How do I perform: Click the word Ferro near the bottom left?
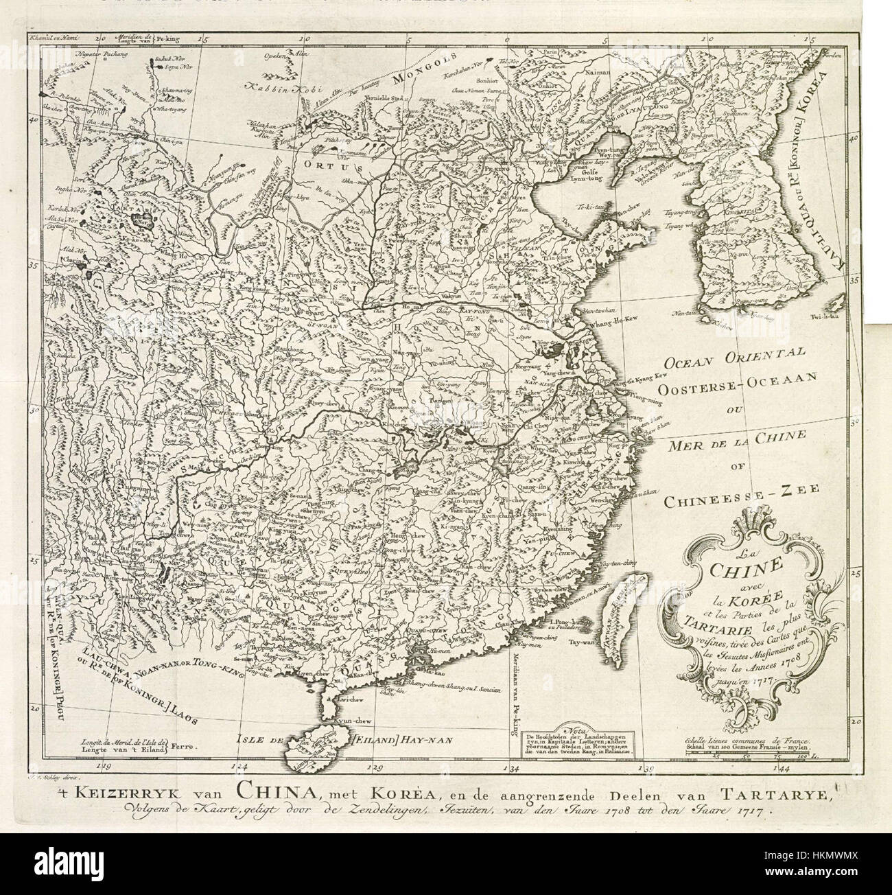pos(183,745)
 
